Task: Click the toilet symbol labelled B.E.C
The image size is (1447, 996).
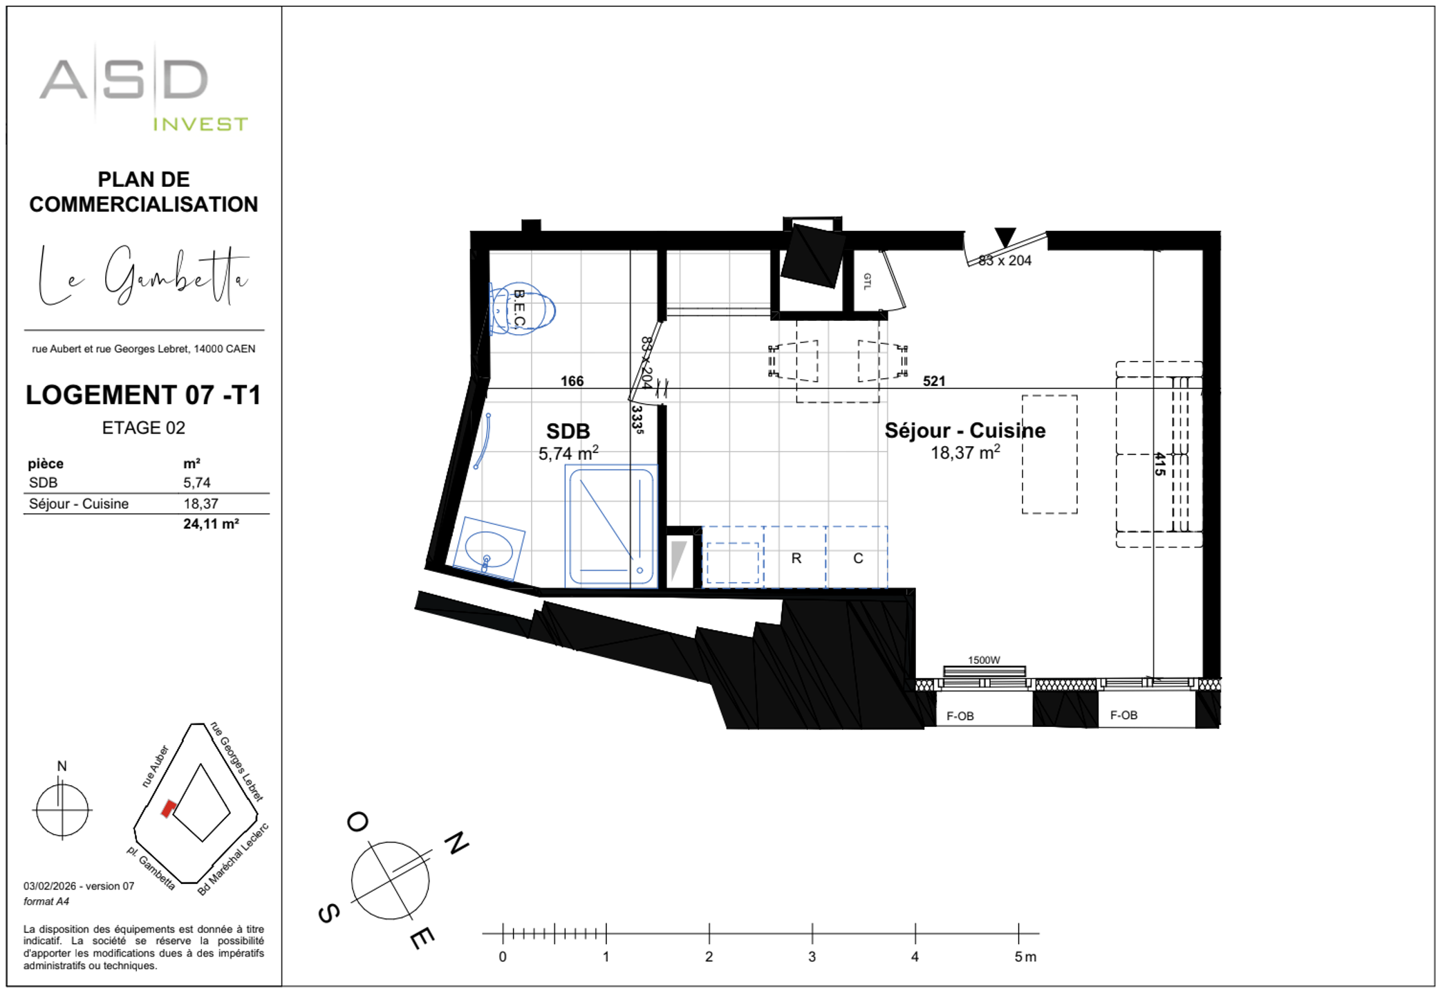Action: pyautogui.click(x=523, y=309)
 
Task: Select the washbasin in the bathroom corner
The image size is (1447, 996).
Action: pyautogui.click(x=489, y=549)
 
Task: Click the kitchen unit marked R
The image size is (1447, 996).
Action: pyautogui.click(x=796, y=558)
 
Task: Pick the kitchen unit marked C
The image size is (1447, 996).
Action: pyautogui.click(x=858, y=558)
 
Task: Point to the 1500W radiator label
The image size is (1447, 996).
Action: pyautogui.click(x=983, y=660)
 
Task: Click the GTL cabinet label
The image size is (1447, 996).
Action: pyautogui.click(x=867, y=281)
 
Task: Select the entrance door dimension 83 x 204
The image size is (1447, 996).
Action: pyautogui.click(x=1005, y=261)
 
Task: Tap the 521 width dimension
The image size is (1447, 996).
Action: pyautogui.click(x=933, y=381)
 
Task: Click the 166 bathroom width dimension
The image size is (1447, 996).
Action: pyautogui.click(x=572, y=381)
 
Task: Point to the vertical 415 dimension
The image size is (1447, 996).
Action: pyautogui.click(x=1159, y=464)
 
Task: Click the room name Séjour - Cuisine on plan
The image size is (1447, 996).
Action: pyautogui.click(x=965, y=431)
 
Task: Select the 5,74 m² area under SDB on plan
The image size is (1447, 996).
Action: pyautogui.click(x=568, y=454)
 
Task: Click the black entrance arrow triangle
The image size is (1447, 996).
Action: pyautogui.click(x=1005, y=237)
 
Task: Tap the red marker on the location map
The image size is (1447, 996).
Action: pyautogui.click(x=168, y=809)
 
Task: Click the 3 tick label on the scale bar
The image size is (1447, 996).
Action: pyautogui.click(x=812, y=957)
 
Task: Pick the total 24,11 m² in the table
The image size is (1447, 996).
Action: pyautogui.click(x=211, y=524)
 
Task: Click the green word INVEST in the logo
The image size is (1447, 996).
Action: pyautogui.click(x=200, y=124)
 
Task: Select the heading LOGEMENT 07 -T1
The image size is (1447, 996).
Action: pyautogui.click(x=144, y=395)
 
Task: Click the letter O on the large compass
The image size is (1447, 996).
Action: pyautogui.click(x=357, y=822)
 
